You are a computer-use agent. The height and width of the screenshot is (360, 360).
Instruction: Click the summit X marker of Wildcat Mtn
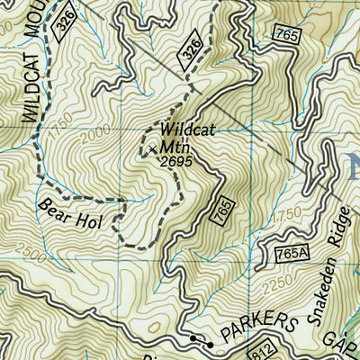click(153, 146)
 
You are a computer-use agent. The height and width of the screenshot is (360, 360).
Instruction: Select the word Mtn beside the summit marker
click(176, 145)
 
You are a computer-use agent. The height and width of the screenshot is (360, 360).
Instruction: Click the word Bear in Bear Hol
click(52, 206)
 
